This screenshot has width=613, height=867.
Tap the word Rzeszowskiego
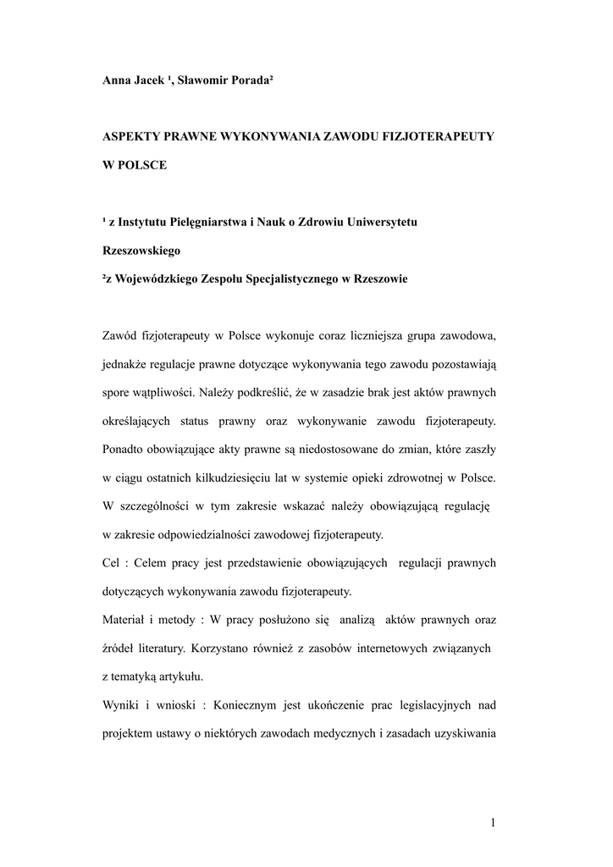coord(141,251)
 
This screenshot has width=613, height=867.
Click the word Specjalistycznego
coord(287,279)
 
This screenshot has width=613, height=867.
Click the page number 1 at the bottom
coord(492,822)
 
